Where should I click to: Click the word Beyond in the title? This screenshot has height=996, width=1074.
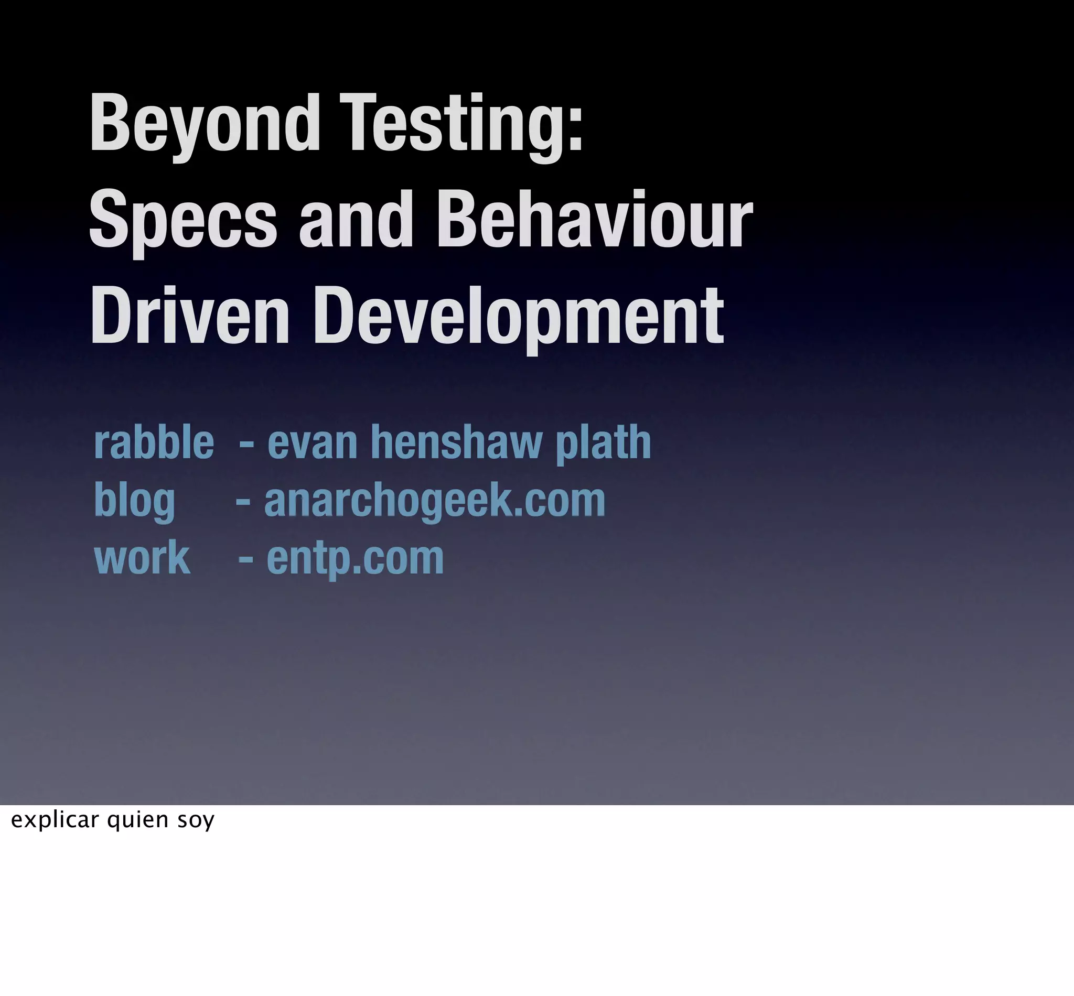[x=205, y=125]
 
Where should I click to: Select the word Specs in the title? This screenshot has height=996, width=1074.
[x=182, y=221]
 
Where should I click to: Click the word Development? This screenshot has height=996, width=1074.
[x=518, y=318]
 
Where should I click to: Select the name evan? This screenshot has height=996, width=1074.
[x=312, y=443]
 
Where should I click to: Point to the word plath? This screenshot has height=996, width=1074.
[x=603, y=443]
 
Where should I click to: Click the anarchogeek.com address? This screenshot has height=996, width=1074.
[x=435, y=500]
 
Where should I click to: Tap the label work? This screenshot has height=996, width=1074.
[x=142, y=558]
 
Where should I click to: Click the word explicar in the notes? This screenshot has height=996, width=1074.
[x=55, y=820]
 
